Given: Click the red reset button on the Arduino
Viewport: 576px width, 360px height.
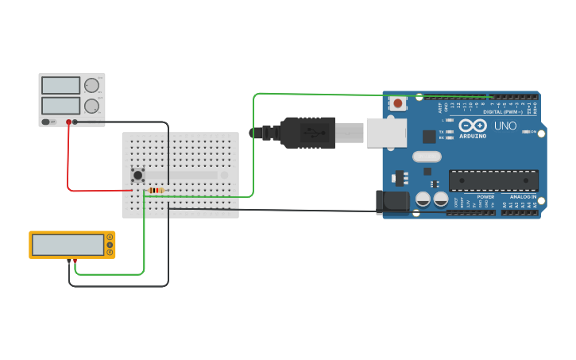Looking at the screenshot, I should (x=397, y=103).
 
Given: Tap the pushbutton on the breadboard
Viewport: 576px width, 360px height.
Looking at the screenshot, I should (x=138, y=175).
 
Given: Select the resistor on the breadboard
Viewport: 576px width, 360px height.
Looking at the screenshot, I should (x=157, y=190).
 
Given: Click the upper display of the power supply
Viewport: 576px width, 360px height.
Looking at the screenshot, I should (x=60, y=85).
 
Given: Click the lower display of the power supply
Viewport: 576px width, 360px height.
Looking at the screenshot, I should (x=60, y=106).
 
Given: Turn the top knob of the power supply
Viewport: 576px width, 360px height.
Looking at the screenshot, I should (x=91, y=85).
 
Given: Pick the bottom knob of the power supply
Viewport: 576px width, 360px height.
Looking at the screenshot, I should (x=91, y=106).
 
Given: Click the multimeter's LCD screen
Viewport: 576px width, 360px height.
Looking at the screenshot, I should (x=68, y=245).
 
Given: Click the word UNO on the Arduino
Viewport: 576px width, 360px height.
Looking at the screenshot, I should (x=505, y=126).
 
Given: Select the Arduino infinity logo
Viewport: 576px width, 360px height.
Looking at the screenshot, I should (x=472, y=125).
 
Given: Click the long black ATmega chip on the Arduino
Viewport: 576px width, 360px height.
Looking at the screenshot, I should (x=493, y=180).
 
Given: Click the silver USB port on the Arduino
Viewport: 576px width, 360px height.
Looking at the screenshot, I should (x=386, y=133).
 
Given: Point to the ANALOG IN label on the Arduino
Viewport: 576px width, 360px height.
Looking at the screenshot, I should (x=524, y=196).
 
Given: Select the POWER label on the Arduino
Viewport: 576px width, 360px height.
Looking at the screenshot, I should (x=485, y=196).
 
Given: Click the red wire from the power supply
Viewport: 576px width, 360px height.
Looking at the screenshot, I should (x=68, y=159).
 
